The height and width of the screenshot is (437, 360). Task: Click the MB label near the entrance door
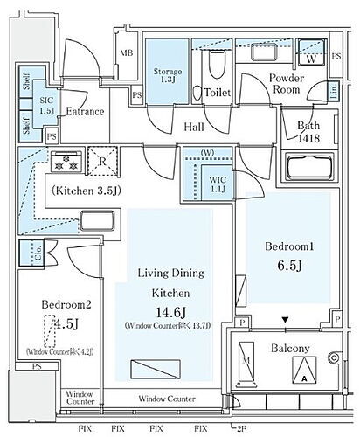pos(126,54)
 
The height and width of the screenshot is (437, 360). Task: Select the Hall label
pos(194,128)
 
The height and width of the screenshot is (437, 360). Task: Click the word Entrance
pos(85,112)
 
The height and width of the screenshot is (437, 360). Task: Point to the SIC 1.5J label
pos(47,106)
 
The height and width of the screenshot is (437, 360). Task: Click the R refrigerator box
pos(104,161)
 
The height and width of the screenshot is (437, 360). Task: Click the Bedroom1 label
pos(287,247)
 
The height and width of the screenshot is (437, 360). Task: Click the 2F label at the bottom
pos(242,428)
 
